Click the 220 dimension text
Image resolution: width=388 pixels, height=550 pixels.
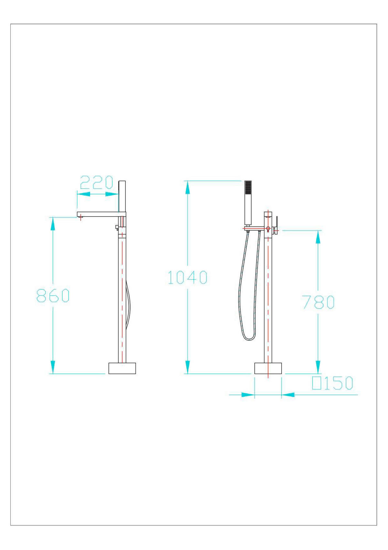pos(96,183)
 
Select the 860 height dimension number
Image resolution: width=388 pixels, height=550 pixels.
pos(53,296)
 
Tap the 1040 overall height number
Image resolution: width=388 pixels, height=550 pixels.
pos(188,277)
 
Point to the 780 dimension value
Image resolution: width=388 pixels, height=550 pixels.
pos(318,302)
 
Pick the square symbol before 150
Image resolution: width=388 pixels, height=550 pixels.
pos(316,383)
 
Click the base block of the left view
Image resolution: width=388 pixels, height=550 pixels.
pos(122,368)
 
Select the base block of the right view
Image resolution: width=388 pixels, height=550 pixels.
pos(268,368)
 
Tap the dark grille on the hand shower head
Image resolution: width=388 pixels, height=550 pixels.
pos(248,187)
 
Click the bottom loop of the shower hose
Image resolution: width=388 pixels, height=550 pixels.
pos(249,338)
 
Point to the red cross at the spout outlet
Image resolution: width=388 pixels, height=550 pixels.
pos(80,218)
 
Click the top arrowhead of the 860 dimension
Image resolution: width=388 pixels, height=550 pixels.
pos(53,223)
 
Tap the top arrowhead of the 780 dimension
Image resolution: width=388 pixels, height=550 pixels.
pos(318,237)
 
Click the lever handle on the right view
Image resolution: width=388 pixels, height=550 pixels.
pos(276,222)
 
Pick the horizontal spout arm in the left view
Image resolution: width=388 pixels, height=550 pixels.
pos(100,214)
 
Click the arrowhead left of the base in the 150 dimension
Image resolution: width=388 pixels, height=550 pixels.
pos(248,395)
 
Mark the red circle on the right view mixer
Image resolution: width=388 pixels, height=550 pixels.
pos(268,229)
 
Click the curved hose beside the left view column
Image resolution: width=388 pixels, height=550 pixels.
pos(129,304)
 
